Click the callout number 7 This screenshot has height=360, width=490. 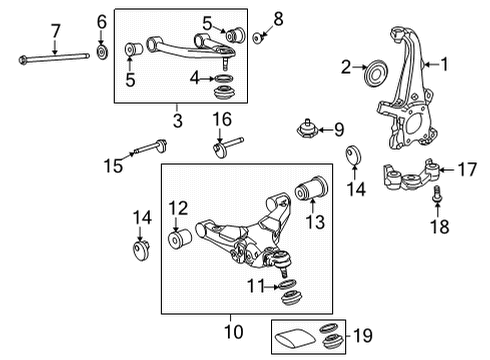coord(55,31)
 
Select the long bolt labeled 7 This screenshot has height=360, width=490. coord(54,58)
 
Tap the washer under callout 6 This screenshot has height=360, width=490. coord(102,52)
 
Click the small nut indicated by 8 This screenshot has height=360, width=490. coord(258,38)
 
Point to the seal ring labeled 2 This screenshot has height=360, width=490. coord(376,74)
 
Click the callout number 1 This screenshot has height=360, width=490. coord(444,64)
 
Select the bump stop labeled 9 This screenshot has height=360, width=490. coord(307,130)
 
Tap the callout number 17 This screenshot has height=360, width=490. coord(467,169)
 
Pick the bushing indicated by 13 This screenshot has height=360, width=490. coord(312,188)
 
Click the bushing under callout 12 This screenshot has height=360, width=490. coord(179,239)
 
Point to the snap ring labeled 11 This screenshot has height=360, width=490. coord(287,285)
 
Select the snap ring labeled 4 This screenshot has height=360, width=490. coord(223,79)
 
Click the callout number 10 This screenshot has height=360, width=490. coord(234,331)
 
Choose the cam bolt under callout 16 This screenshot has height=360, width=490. coord(228,147)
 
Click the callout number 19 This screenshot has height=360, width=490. coord(363,335)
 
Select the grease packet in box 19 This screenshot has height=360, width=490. coord(295,338)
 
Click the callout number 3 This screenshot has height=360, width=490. coord(178,120)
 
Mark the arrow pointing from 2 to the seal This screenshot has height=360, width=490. coord(359,67)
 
